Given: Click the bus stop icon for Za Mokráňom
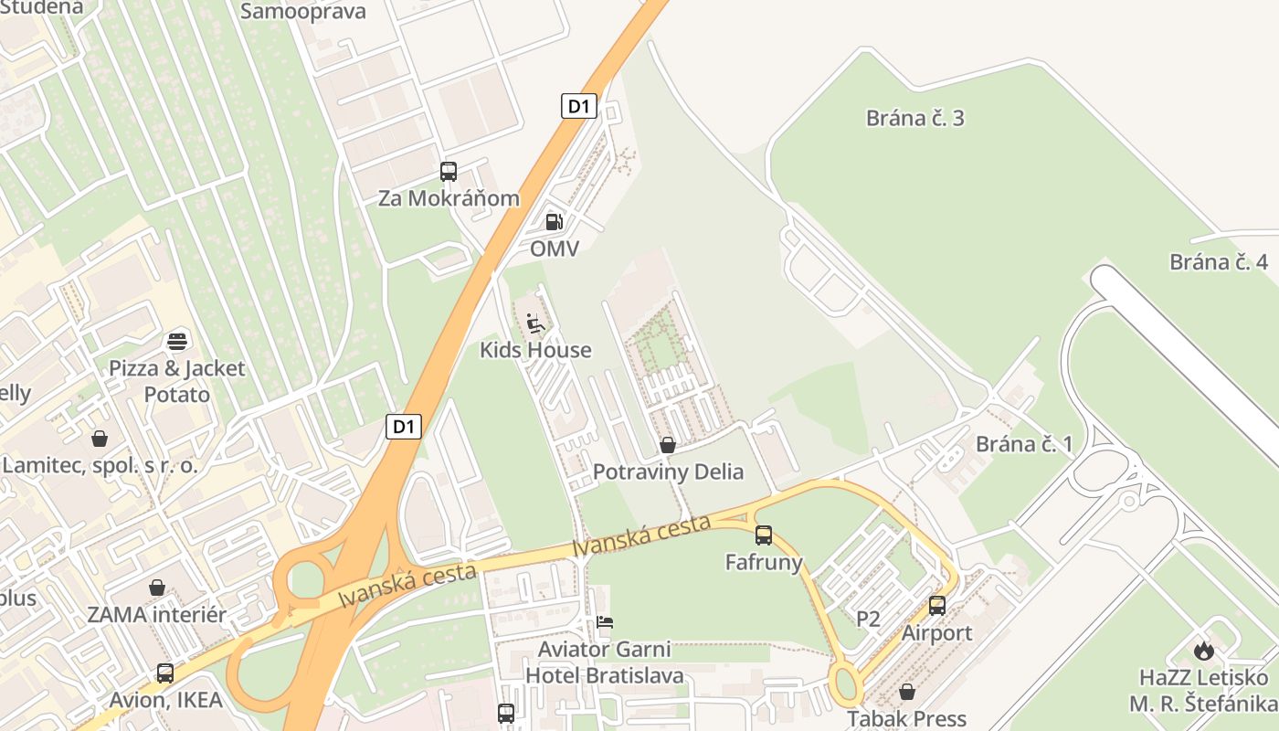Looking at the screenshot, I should (x=448, y=171).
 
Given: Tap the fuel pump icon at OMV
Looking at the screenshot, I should (x=554, y=221).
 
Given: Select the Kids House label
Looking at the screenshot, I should (x=535, y=350).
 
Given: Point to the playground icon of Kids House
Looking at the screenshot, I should (x=535, y=323).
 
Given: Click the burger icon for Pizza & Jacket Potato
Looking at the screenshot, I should (x=177, y=342).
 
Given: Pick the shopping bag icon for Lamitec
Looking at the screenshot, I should (x=100, y=439).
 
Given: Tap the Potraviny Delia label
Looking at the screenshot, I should (x=668, y=472).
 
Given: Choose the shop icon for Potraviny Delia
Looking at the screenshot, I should (x=668, y=445).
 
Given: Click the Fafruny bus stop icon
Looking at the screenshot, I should (x=764, y=535).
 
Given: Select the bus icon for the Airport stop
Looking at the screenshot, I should (x=937, y=605).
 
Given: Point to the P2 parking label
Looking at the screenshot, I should (x=868, y=619).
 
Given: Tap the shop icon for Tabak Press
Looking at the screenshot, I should (x=907, y=692).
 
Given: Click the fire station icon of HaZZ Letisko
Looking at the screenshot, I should (x=1204, y=651).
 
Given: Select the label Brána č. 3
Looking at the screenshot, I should (x=914, y=118).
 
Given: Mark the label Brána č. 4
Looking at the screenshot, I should (x=1219, y=262).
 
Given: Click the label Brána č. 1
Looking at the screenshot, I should (x=1024, y=445).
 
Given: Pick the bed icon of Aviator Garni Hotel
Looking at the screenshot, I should (x=605, y=622).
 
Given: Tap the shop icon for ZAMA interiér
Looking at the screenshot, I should (x=157, y=588).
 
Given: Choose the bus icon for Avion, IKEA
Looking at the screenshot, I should (x=165, y=673).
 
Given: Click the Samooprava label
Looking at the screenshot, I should (x=303, y=11).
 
